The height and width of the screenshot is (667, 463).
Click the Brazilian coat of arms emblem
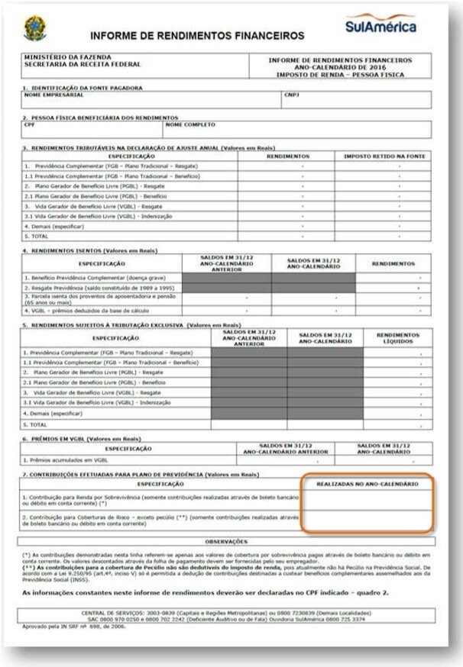pyautogui.click(x=34, y=28)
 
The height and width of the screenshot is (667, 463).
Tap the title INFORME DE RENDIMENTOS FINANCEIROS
pyautogui.click(x=197, y=36)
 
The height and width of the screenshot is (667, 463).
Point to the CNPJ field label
pyautogui.click(x=291, y=95)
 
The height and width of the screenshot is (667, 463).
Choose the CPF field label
pyautogui.click(x=30, y=124)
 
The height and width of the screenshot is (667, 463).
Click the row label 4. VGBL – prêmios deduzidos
pyautogui.click(x=78, y=311)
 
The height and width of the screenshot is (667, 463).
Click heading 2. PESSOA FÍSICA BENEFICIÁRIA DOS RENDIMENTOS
pyautogui.click(x=100, y=118)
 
